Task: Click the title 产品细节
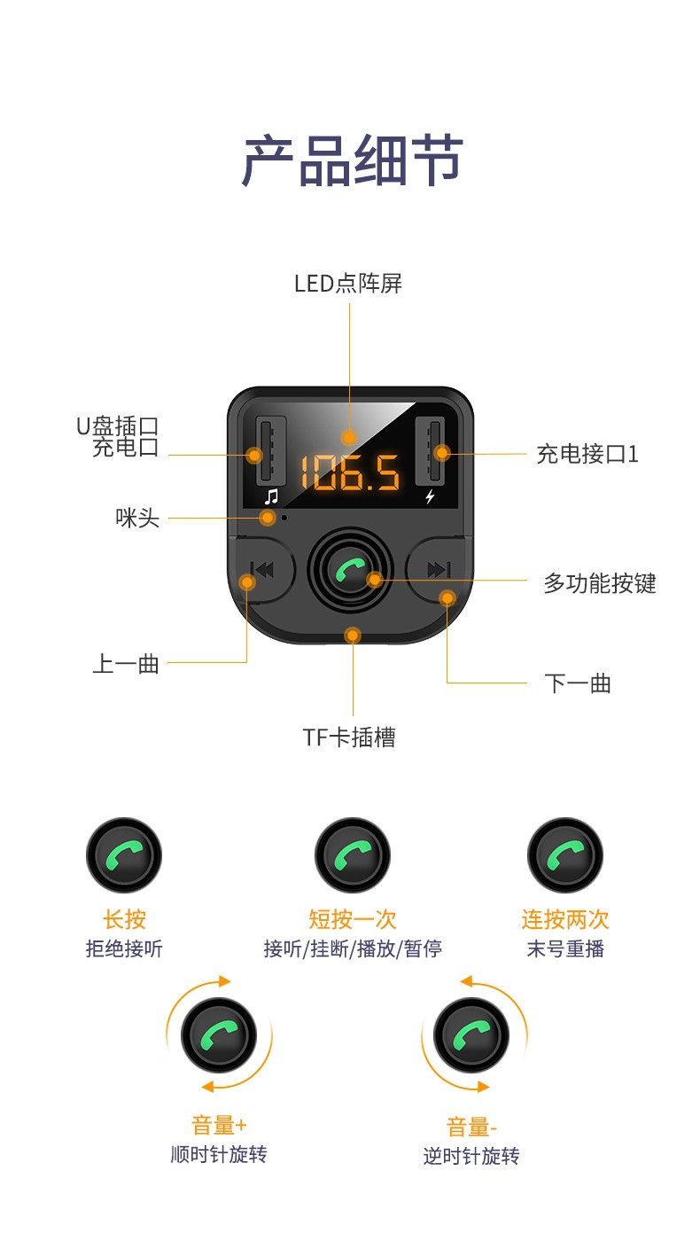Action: pyautogui.click(x=352, y=160)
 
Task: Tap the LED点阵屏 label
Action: pyautogui.click(x=348, y=284)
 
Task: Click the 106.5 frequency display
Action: pyautogui.click(x=349, y=472)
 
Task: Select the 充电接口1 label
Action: pyautogui.click(x=587, y=454)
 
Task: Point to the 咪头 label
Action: pyautogui.click(x=137, y=518)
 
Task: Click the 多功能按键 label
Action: pyautogui.click(x=599, y=583)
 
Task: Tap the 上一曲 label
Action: pyautogui.click(x=126, y=663)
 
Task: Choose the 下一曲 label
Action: pyautogui.click(x=577, y=683)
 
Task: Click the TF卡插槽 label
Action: pyautogui.click(x=349, y=737)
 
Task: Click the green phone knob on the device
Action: pyautogui.click(x=350, y=570)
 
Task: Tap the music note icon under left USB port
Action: pyautogui.click(x=271, y=496)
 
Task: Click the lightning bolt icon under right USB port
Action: pyautogui.click(x=430, y=496)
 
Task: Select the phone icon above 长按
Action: pyautogui.click(x=124, y=856)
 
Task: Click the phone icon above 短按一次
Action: pyautogui.click(x=353, y=856)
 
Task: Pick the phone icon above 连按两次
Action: pyautogui.click(x=564, y=856)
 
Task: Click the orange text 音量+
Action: pyautogui.click(x=219, y=1125)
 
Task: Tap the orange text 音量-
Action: pyautogui.click(x=471, y=1127)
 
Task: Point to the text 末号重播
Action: pyautogui.click(x=564, y=948)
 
